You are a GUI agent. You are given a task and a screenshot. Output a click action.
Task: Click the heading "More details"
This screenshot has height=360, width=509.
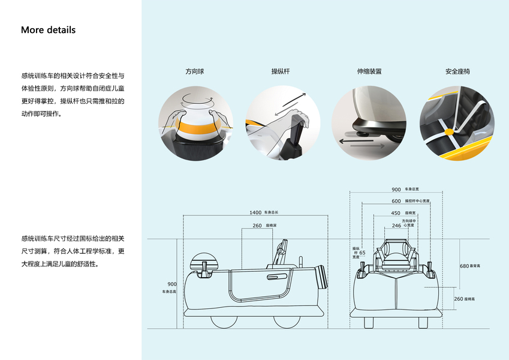[48, 30]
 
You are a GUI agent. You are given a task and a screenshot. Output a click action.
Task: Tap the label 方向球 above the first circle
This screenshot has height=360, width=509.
[195, 71]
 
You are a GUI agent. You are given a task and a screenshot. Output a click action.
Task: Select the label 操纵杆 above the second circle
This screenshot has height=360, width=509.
[281, 71]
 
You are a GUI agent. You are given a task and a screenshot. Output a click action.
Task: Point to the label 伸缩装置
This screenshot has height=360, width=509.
[369, 71]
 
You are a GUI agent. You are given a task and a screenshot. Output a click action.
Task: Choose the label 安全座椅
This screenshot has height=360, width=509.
[457, 71]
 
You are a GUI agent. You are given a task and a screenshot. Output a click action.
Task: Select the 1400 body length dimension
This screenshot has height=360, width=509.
[255, 212]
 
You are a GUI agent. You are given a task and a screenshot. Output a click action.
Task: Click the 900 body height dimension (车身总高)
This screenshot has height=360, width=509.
[172, 284]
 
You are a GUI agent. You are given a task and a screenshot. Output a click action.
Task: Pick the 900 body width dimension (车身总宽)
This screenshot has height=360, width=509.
[396, 190]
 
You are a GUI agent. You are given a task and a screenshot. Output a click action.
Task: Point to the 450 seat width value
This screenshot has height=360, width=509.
[396, 213]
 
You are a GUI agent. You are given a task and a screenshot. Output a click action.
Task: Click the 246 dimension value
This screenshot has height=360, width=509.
[396, 226]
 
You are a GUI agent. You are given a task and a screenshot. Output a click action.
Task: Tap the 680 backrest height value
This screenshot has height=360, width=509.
[464, 266]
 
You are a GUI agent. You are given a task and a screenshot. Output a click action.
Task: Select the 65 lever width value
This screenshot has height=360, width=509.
[362, 253]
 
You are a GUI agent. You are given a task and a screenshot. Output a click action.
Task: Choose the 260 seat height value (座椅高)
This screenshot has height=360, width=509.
[458, 298]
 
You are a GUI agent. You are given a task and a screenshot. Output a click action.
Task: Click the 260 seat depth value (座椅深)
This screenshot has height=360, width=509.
[257, 226]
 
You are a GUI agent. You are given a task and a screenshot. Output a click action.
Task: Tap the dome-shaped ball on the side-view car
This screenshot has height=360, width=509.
[200, 261]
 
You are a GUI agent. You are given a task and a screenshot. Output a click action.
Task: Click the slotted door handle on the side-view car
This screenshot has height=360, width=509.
[277, 277]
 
